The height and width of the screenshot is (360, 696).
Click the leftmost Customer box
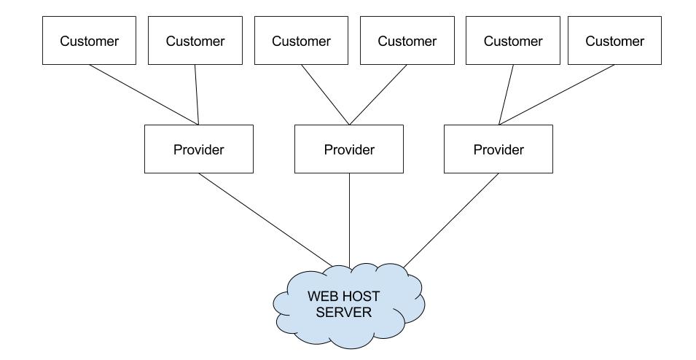point(89,41)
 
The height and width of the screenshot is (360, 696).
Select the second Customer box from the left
point(195,41)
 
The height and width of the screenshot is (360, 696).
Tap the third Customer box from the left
point(301,41)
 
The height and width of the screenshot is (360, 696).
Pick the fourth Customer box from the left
point(407,41)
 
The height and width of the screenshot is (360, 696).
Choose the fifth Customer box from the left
point(513,41)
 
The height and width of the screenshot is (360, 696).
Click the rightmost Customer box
point(614,41)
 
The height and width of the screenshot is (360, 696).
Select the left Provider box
point(198,149)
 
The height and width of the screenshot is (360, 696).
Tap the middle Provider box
point(348,149)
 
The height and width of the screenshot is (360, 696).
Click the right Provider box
point(498,149)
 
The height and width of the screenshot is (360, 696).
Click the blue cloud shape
point(348,328)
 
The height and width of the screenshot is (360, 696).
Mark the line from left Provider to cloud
point(266,220)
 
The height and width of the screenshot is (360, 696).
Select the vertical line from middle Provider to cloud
point(349,219)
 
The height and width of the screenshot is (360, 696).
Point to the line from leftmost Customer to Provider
point(144,95)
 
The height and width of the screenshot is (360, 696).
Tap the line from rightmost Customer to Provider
point(557,95)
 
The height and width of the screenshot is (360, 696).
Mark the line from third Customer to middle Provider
point(325,95)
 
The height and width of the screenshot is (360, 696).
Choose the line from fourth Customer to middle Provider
point(378,95)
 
